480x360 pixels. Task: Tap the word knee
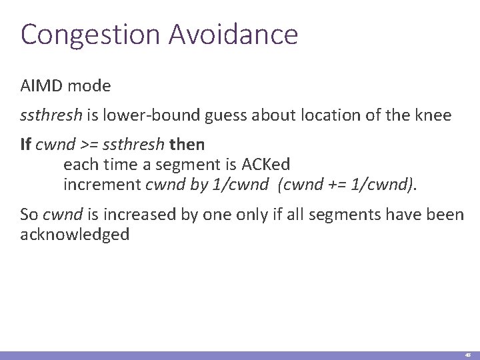click(435, 116)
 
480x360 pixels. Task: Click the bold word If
click(25, 145)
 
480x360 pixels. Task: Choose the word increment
click(102, 183)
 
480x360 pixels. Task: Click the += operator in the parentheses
click(337, 183)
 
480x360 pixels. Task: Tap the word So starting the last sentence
click(29, 215)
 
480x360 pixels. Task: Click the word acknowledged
click(75, 235)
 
